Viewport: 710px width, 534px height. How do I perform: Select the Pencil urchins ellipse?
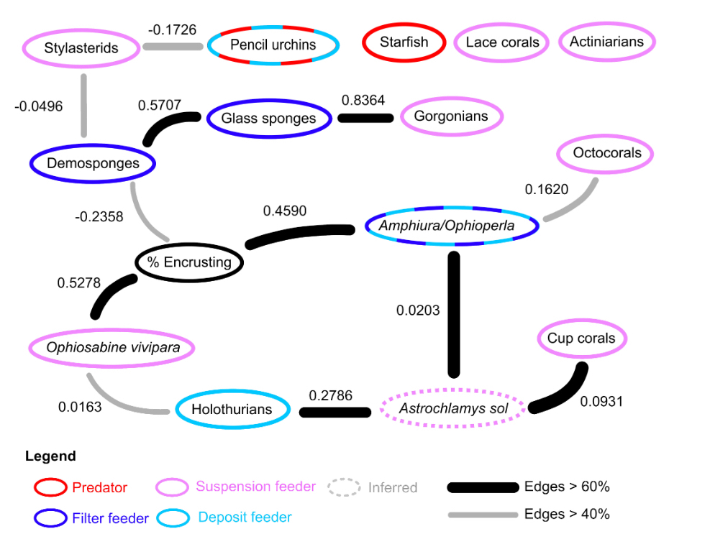(273, 45)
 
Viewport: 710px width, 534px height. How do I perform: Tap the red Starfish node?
(404, 42)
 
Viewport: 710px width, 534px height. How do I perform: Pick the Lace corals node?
(502, 42)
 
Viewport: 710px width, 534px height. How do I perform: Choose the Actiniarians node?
(606, 42)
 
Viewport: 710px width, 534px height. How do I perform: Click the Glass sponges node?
(268, 119)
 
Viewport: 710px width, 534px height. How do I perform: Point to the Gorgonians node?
(451, 116)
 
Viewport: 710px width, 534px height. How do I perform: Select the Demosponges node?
(93, 163)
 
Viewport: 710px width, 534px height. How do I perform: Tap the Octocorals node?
(604, 153)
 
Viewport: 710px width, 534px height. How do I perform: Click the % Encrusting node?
(190, 262)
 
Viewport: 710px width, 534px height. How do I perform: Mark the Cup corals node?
(581, 338)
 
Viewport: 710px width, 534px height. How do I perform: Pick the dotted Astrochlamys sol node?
(454, 409)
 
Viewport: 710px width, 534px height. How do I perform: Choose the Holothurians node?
(232, 410)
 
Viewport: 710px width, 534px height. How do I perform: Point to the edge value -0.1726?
(172, 30)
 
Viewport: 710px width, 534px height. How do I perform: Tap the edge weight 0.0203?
(418, 310)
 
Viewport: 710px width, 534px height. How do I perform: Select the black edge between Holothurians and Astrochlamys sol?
(334, 412)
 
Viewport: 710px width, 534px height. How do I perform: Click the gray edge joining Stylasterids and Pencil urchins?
(173, 47)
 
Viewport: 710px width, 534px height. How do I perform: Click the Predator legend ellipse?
(50, 488)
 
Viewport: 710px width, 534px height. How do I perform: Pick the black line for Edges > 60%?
(482, 487)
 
